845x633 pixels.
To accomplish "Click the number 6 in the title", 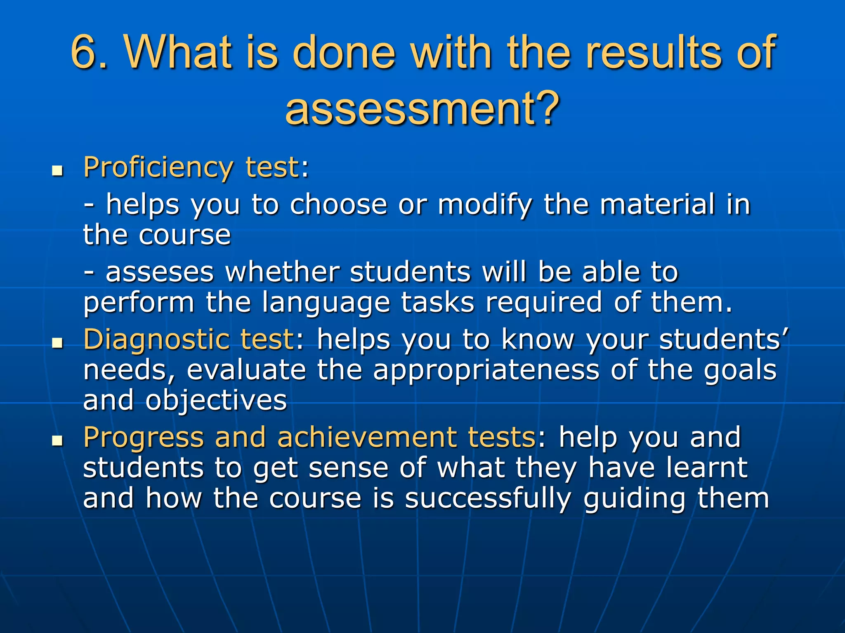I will (x=85, y=52).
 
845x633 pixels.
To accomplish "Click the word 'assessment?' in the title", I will (x=422, y=108).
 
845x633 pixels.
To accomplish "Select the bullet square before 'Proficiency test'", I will (x=57, y=170).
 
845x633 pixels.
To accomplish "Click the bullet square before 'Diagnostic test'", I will (x=57, y=342).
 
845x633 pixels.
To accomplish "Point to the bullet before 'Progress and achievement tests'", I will (x=57, y=441).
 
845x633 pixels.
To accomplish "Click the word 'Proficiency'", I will (x=158, y=168).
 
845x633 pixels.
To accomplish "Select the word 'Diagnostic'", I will (x=156, y=340).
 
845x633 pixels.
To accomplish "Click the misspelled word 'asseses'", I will (x=160, y=272).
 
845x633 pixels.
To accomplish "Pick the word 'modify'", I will (x=484, y=205).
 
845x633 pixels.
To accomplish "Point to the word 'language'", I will (x=326, y=303).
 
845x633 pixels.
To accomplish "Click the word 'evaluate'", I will (x=246, y=370).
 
